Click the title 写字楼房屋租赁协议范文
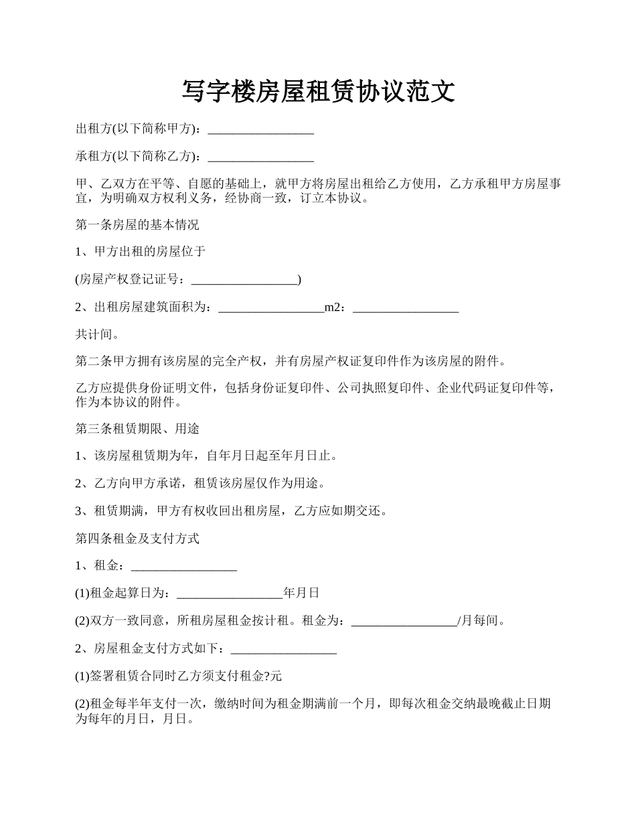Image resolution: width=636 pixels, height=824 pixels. coord(318,92)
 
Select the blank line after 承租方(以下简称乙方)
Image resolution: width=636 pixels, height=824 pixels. coord(261,157)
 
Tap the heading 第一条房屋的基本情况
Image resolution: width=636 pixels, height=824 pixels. coord(137,224)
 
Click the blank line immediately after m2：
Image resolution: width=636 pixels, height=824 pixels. coord(405,308)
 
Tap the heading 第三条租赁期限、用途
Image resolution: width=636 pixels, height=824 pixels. coord(137,429)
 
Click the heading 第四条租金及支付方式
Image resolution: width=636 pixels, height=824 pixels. coord(137,539)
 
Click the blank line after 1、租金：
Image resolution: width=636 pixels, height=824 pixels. coord(184,567)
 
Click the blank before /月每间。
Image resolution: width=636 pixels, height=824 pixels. coord(404,622)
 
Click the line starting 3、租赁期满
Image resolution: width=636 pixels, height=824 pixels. coord(231,511)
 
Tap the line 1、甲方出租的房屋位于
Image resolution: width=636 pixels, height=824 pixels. coord(141,252)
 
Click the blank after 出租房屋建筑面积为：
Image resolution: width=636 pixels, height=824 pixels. coord(271,308)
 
